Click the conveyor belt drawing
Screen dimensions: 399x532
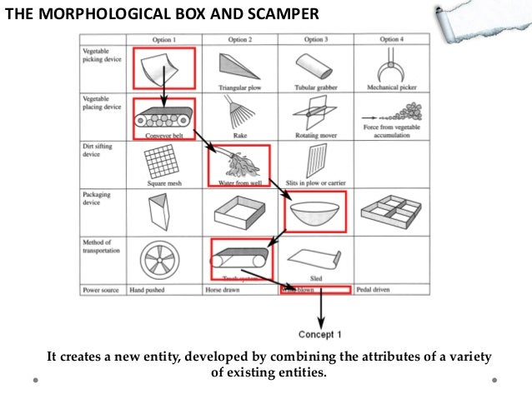tap(163, 117)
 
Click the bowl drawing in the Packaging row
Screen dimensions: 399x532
tap(315, 213)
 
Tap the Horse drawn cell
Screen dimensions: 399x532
tap(223, 291)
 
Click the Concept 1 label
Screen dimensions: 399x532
tap(321, 334)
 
